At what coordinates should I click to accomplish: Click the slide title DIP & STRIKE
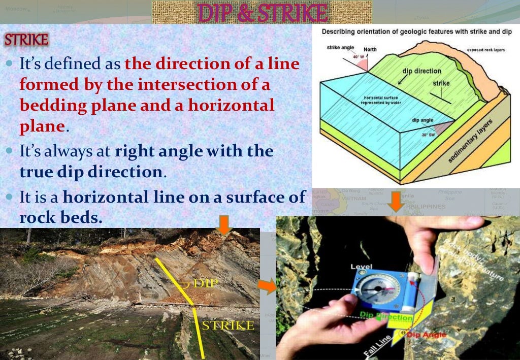pos(263,13)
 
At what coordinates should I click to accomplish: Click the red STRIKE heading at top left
pos(26,40)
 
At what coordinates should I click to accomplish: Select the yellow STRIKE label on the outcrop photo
pos(227,325)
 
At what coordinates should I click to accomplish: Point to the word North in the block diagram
pos(370,50)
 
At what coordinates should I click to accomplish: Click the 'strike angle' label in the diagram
pos(341,47)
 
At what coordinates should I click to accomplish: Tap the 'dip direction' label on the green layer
pos(421,71)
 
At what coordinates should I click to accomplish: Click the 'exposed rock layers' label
pos(486,50)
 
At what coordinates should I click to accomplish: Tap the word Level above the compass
pos(361,267)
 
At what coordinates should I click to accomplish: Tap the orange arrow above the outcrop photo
pos(224,224)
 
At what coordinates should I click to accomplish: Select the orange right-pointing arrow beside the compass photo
pos(266,288)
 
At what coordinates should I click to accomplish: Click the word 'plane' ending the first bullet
pos(43,126)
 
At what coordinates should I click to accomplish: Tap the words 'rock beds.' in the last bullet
pos(61,218)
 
